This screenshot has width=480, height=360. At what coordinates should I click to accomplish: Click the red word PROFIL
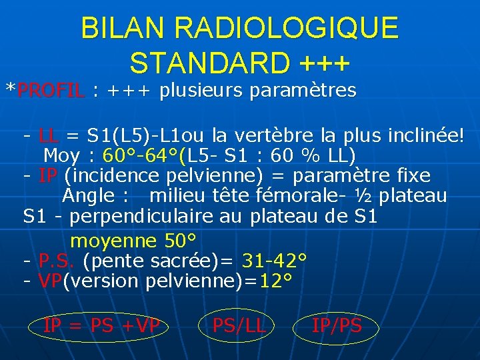(x=51, y=90)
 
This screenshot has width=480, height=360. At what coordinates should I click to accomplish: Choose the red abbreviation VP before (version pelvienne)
(x=50, y=281)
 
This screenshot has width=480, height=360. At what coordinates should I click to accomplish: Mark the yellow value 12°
(x=275, y=281)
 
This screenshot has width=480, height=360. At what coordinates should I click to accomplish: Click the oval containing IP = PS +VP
(x=101, y=326)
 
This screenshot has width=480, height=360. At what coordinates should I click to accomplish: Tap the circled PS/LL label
(x=239, y=326)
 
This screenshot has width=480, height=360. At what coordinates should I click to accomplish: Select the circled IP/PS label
(x=337, y=326)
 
